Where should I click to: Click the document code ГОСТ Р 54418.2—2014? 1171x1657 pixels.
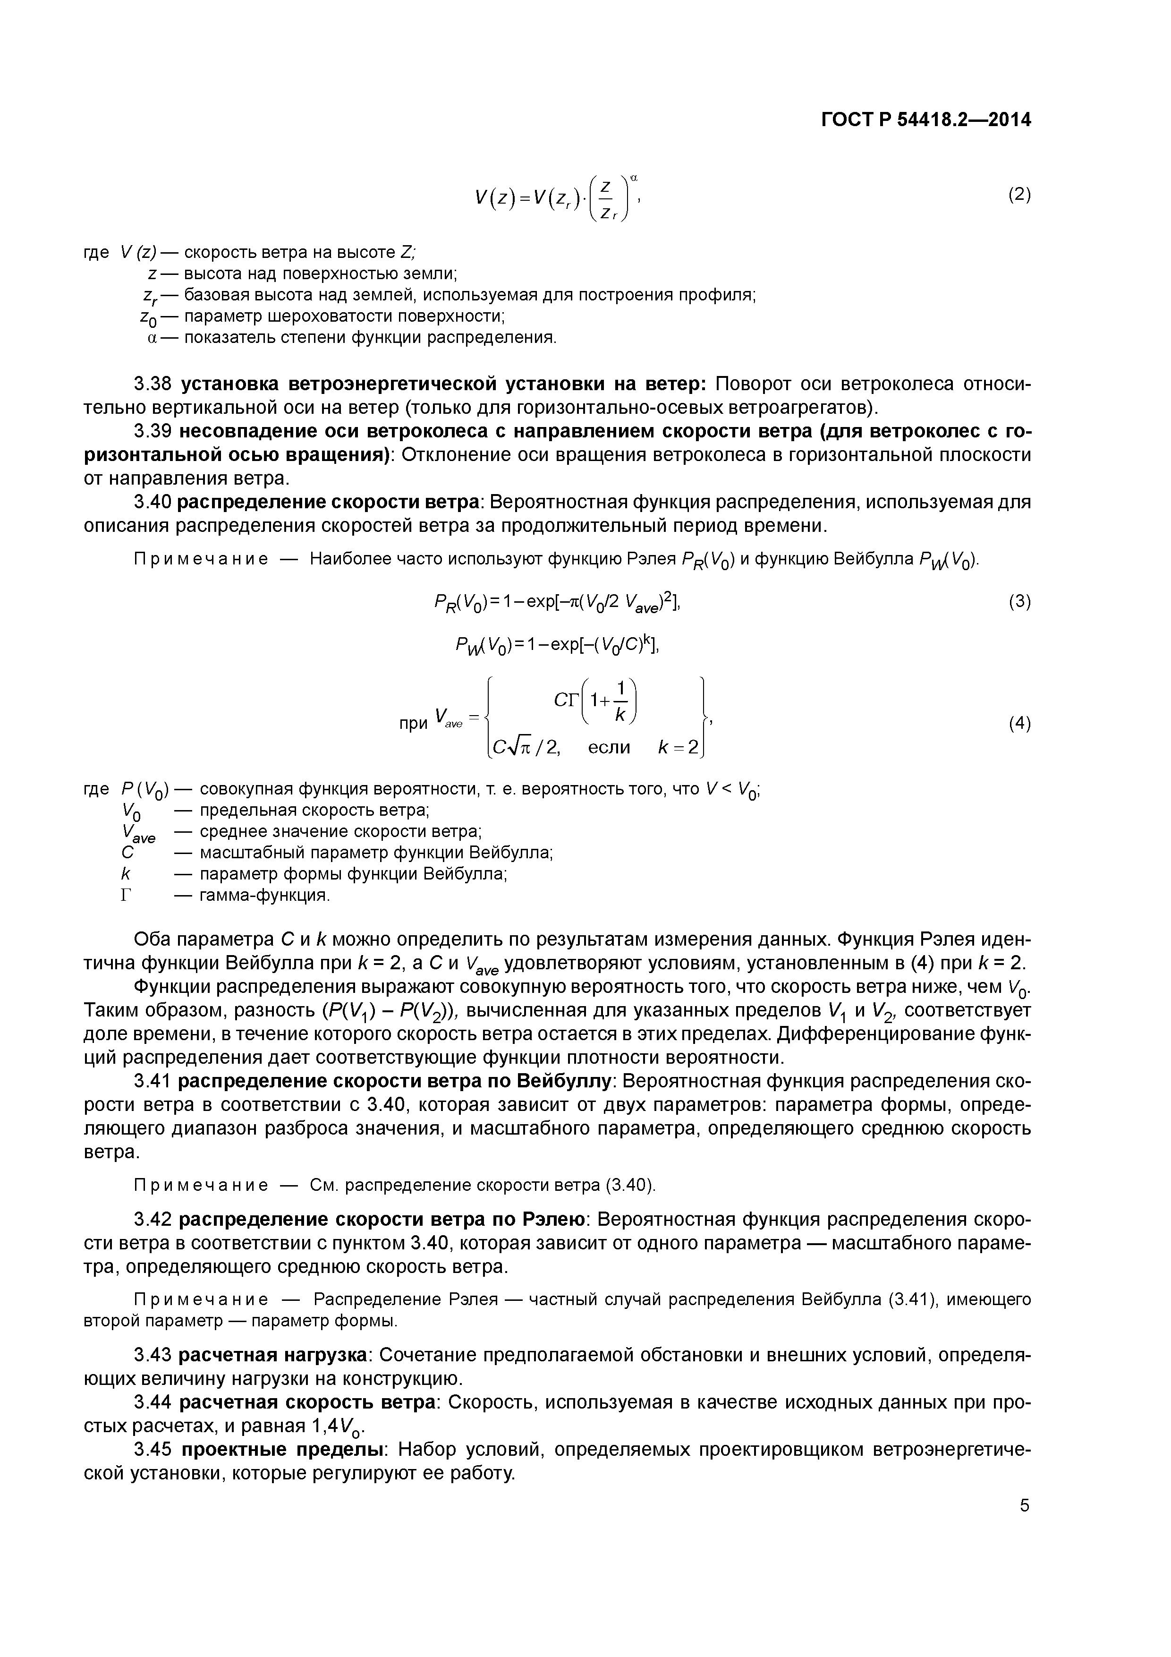[926, 120]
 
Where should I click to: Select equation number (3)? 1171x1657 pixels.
[1019, 601]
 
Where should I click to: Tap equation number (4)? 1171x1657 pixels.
[1019, 723]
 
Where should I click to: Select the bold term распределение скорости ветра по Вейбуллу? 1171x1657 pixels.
[395, 1081]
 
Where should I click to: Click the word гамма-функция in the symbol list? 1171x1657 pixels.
[264, 896]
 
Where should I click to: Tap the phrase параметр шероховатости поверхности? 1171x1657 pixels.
[343, 317]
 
